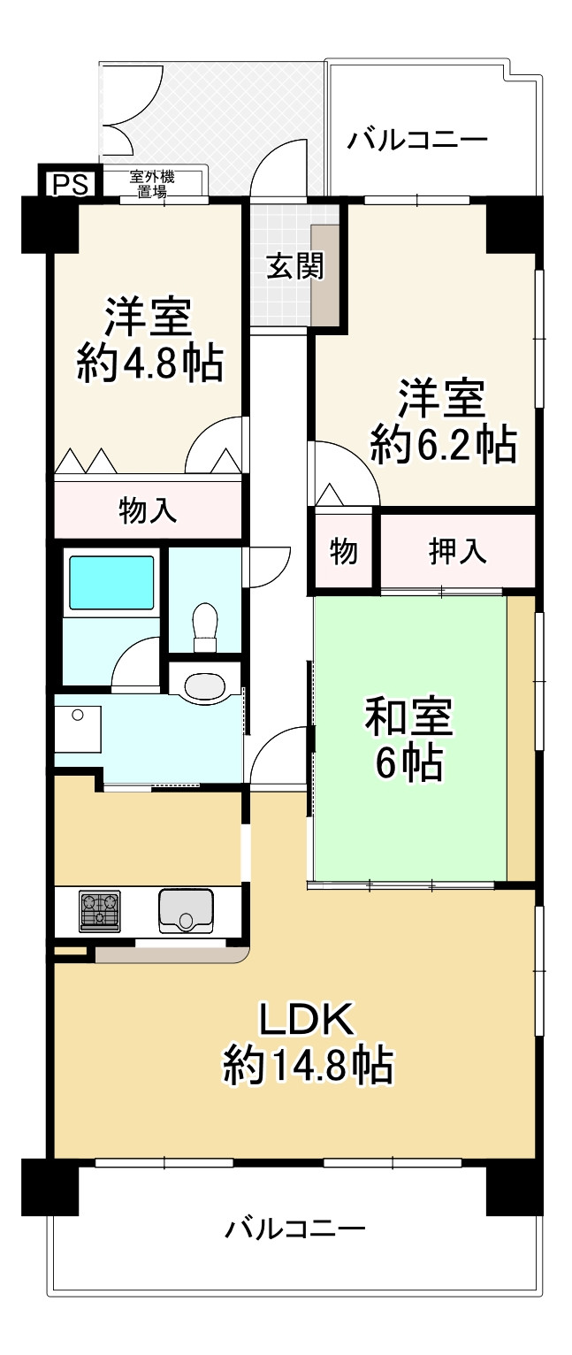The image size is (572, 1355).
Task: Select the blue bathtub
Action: tap(111, 583)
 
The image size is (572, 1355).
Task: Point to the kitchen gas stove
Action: tap(99, 911)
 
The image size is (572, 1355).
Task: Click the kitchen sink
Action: tap(186, 910)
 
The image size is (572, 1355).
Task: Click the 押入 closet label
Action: tap(458, 551)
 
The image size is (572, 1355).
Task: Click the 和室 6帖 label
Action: tap(408, 738)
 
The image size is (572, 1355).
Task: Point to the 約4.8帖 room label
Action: tap(148, 340)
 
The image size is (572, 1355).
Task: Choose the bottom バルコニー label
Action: tap(294, 1229)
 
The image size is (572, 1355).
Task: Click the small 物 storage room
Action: tap(343, 551)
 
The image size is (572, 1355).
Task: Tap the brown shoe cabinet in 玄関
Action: tap(324, 275)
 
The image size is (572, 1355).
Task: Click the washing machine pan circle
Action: tap(78, 716)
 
